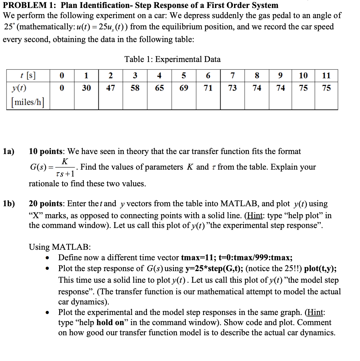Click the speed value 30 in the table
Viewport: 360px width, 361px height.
[86, 88]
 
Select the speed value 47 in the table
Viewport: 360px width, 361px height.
[110, 88]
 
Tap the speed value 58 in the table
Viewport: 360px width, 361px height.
[135, 88]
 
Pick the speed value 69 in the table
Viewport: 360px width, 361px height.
[184, 88]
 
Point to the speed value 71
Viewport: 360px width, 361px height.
[208, 88]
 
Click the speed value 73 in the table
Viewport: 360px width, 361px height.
[232, 88]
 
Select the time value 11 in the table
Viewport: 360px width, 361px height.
[326, 75]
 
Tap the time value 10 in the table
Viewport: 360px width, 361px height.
[303, 75]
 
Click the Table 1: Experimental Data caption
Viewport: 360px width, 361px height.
[172, 59]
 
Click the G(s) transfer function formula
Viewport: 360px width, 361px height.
[53, 167]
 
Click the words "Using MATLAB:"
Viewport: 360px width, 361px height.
[60, 247]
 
